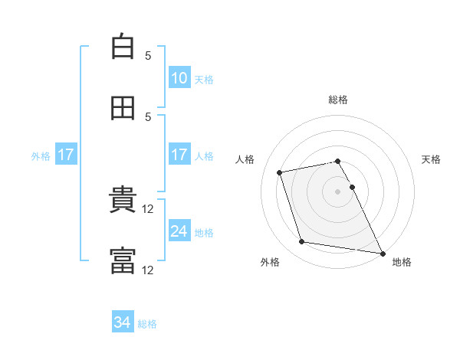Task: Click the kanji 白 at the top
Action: tap(123, 46)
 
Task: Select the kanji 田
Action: tap(123, 108)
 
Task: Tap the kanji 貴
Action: tap(123, 198)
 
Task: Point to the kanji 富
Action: tap(123, 260)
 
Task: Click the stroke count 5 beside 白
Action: tap(148, 55)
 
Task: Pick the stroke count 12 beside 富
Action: tap(147, 270)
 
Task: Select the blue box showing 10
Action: tap(179, 77)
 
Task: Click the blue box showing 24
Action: tap(179, 230)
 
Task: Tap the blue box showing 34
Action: tap(123, 321)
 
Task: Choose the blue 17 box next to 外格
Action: tap(66, 154)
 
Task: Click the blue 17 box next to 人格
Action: tap(179, 154)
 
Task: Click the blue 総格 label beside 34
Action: tap(147, 324)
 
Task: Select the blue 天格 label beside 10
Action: tap(204, 80)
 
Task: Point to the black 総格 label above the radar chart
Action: tap(338, 100)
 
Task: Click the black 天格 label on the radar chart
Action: tap(431, 159)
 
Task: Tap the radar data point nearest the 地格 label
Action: tap(383, 254)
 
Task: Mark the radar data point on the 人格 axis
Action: tap(279, 172)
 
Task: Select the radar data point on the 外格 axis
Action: tap(301, 241)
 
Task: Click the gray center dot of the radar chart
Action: tap(337, 191)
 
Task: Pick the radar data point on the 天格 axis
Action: tap(353, 187)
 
